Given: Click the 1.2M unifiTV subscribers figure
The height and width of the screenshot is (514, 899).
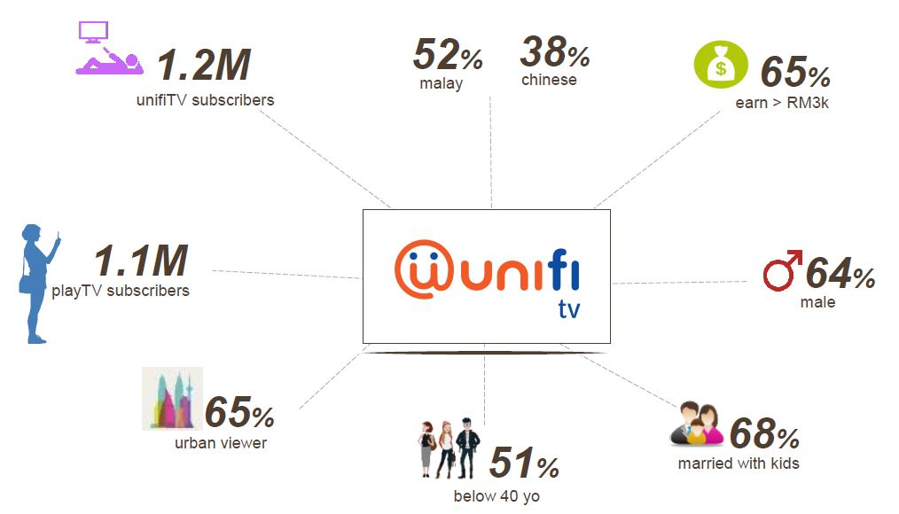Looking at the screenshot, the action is pyautogui.click(x=204, y=66).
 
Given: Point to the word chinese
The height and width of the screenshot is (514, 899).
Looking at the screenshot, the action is pyautogui.click(x=549, y=81).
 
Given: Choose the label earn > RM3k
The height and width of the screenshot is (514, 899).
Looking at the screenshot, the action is pyautogui.click(x=782, y=103).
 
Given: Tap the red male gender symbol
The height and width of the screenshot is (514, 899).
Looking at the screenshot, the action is pyautogui.click(x=782, y=269).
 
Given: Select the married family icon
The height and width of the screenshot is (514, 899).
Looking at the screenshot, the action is pyautogui.click(x=697, y=425).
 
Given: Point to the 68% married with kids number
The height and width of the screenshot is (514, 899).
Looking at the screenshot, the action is pyautogui.click(x=764, y=434).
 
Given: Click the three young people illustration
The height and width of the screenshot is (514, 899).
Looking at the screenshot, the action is pyautogui.click(x=449, y=448).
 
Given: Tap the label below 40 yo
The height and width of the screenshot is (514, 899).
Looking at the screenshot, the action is pyautogui.click(x=496, y=496).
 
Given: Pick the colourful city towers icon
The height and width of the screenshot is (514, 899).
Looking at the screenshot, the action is pyautogui.click(x=173, y=399).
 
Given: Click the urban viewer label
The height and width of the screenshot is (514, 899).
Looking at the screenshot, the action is pyautogui.click(x=221, y=443).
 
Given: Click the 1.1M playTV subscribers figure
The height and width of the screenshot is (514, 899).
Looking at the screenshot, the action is pyautogui.click(x=141, y=262).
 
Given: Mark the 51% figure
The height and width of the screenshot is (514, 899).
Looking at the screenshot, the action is pyautogui.click(x=524, y=463).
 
